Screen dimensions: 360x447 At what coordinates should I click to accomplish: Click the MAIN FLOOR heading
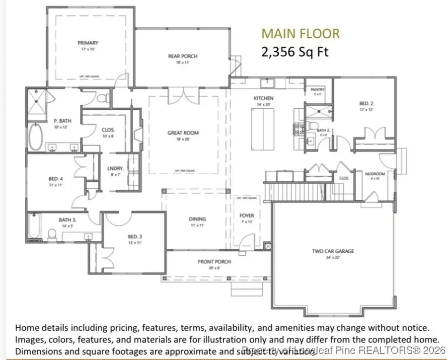(300, 34)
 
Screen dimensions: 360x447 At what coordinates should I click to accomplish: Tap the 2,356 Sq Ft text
(295, 52)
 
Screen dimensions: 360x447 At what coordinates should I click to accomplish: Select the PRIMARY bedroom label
(87, 43)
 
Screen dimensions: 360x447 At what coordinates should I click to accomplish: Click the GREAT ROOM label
(183, 133)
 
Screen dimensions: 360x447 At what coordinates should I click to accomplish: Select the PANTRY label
(317, 90)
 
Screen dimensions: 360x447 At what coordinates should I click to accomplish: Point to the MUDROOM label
(372, 174)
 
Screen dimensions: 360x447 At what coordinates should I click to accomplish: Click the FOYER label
(246, 216)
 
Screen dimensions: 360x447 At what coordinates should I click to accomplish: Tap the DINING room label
(197, 219)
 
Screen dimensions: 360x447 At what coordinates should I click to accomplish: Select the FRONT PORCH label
(215, 262)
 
